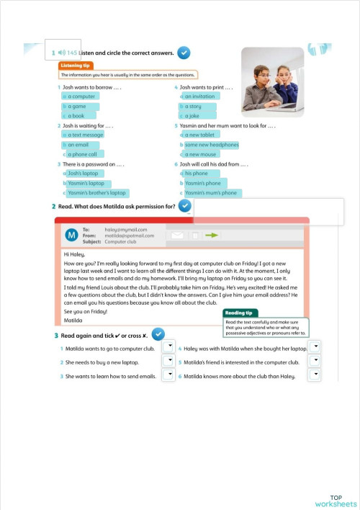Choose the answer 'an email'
pyautogui.click(x=78, y=145)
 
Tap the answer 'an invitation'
pyautogui.click(x=199, y=96)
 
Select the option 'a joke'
pyautogui.click(x=192, y=115)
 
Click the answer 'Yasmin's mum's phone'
pyautogui.click(x=210, y=193)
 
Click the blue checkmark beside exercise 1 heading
pyautogui.click(x=184, y=53)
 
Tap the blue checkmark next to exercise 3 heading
pyautogui.click(x=158, y=334)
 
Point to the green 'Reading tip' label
pyautogui.click(x=239, y=313)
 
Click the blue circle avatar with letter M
pyautogui.click(x=71, y=236)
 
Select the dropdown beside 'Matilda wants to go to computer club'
pyautogui.click(x=168, y=346)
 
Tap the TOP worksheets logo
pyautogui.click(x=336, y=501)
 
